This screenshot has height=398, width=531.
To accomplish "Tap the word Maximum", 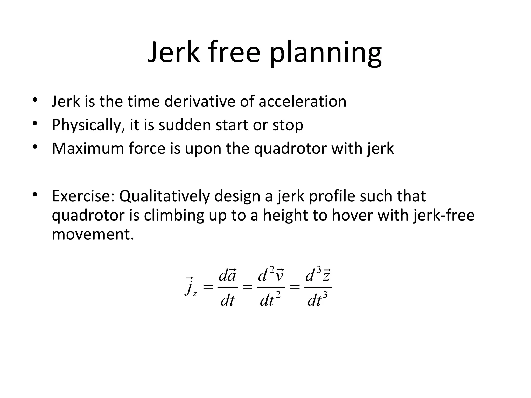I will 88,148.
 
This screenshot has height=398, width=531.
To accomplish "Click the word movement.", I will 93,234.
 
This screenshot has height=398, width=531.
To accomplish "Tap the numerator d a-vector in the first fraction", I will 227,276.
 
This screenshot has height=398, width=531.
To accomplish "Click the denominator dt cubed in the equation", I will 317,300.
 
